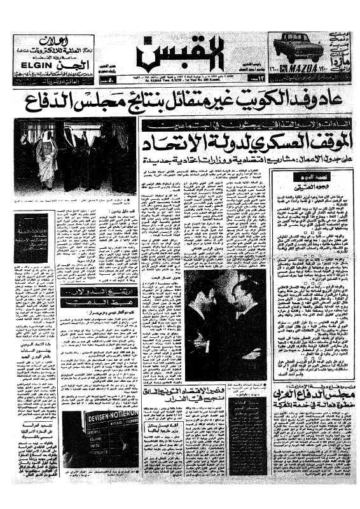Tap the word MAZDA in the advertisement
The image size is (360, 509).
click(305, 66)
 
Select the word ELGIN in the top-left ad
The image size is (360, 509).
click(30, 64)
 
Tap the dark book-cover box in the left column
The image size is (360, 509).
click(31, 238)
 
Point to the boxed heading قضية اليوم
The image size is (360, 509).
click(299, 181)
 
